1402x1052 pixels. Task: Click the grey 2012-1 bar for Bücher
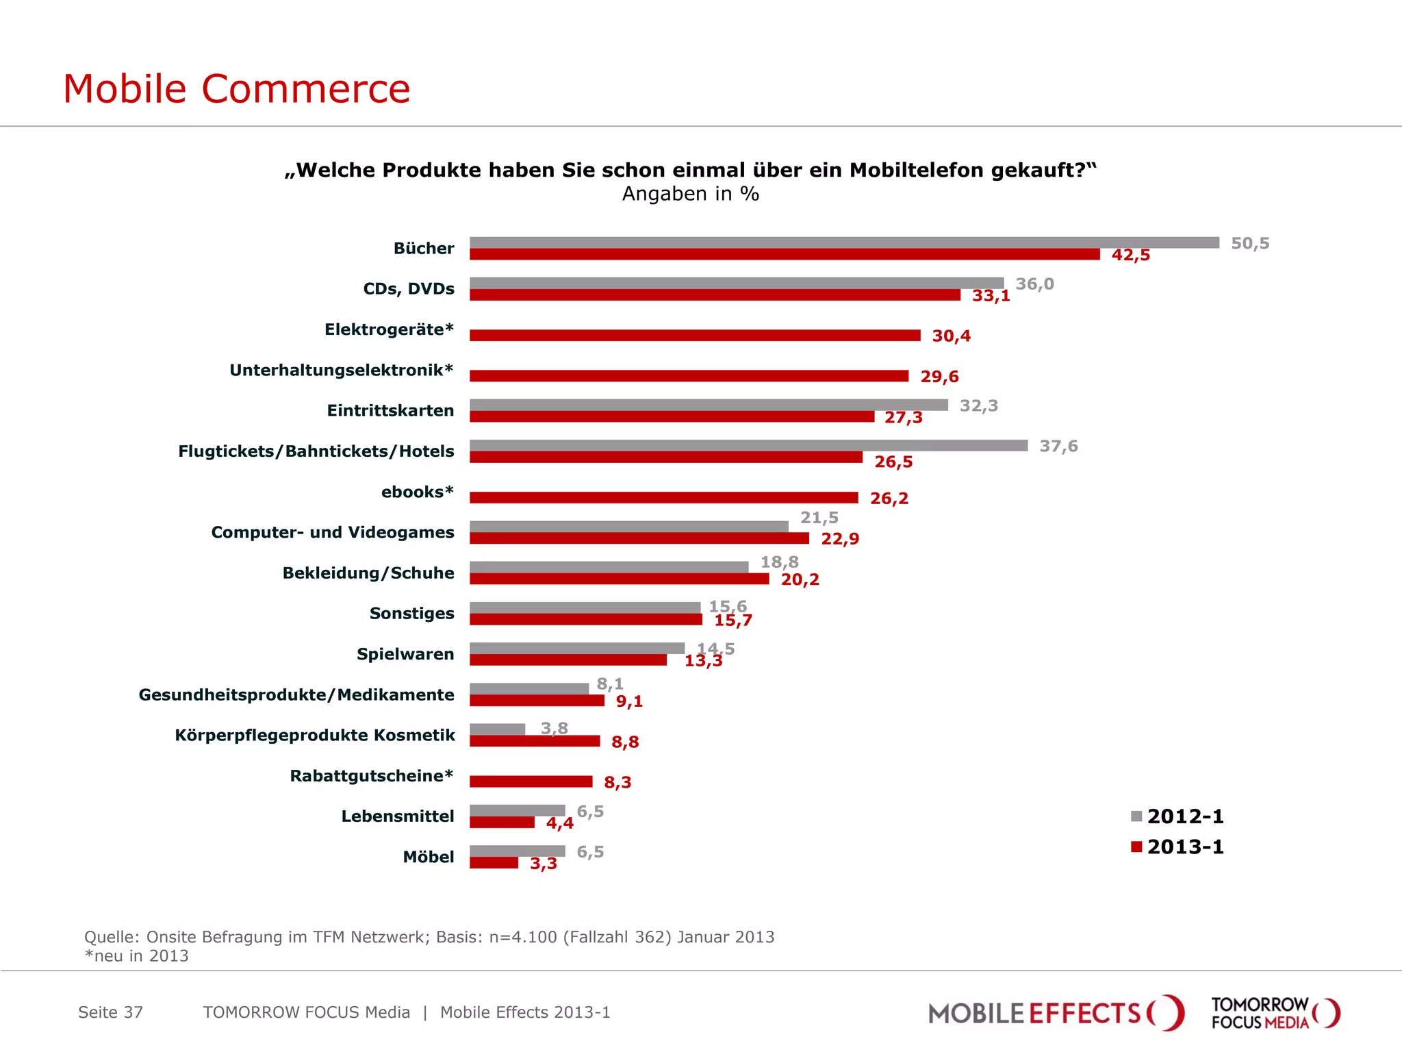tap(843, 242)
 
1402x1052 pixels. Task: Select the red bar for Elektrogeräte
tap(695, 335)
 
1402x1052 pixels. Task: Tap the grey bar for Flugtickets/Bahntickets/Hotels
tap(748, 445)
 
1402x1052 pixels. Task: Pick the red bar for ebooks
tap(663, 497)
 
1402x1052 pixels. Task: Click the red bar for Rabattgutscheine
tap(531, 781)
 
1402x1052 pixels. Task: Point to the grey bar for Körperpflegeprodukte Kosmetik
tap(497, 729)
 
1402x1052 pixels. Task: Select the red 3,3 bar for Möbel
tap(494, 863)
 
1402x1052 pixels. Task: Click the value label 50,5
tap(1249, 243)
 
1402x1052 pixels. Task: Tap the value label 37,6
tap(1058, 446)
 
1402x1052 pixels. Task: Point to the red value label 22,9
tap(839, 539)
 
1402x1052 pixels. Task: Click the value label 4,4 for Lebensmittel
tap(559, 823)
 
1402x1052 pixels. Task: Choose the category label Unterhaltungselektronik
tap(341, 370)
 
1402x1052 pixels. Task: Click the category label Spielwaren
tap(405, 654)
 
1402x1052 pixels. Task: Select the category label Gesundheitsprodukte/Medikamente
tap(296, 694)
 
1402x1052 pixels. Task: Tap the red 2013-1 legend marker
tap(1136, 847)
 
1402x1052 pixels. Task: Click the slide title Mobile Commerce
tap(236, 88)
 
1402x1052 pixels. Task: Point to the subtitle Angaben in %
tap(690, 194)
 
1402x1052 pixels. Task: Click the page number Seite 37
tap(110, 1012)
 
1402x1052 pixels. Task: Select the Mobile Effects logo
tap(1055, 1013)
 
